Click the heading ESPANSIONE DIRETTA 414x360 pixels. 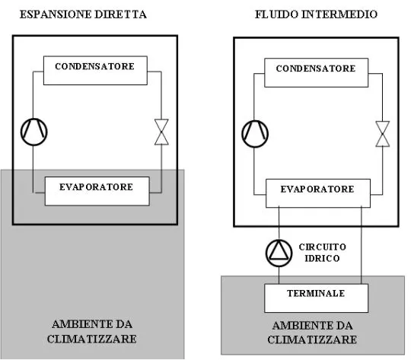pyautogui.click(x=93, y=14)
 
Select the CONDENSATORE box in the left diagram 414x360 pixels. pyautogui.click(x=94, y=67)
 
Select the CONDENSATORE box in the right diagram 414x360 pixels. pyautogui.click(x=315, y=68)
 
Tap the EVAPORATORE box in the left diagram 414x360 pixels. pyautogui.click(x=95, y=187)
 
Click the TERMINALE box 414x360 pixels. pyautogui.click(x=315, y=294)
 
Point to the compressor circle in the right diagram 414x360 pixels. pyautogui.click(x=256, y=133)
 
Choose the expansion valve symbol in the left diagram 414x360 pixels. pyautogui.click(x=161, y=132)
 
